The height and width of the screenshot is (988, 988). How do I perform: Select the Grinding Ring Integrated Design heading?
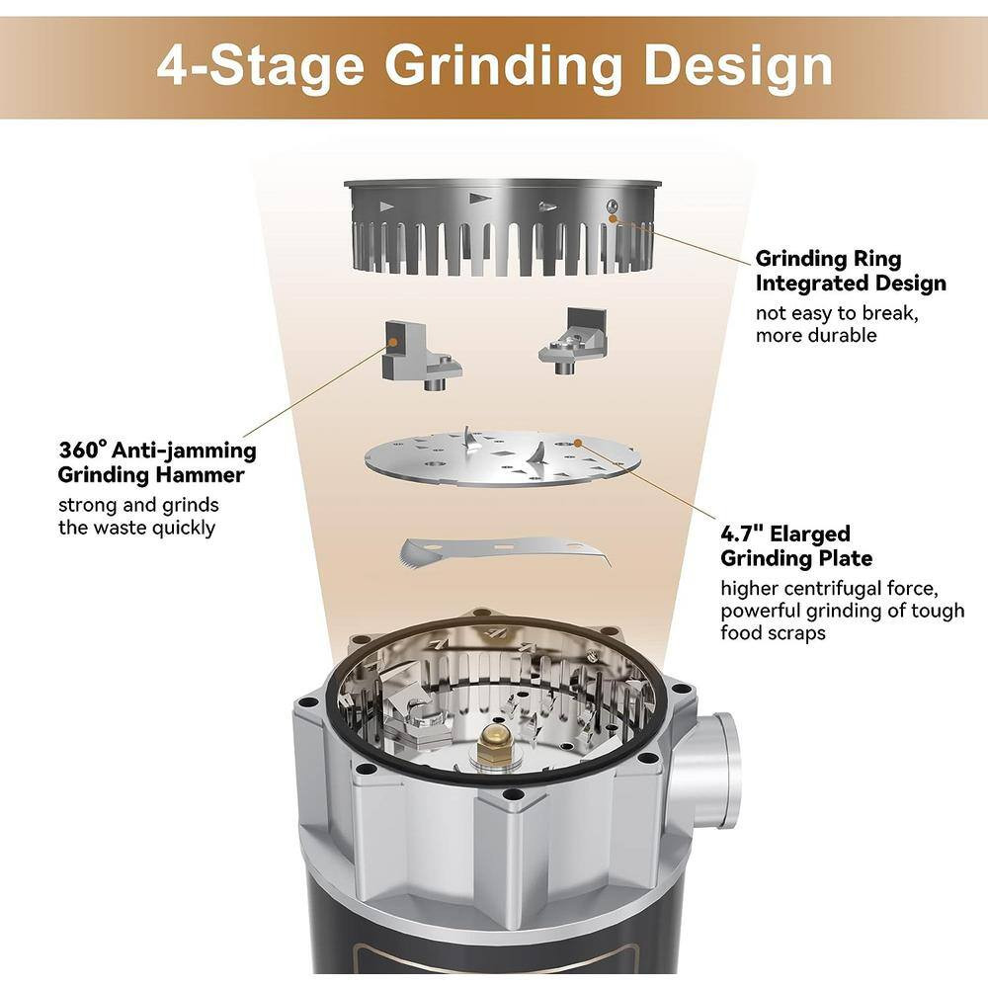point(850,271)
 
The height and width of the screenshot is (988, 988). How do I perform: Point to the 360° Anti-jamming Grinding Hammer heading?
point(157,461)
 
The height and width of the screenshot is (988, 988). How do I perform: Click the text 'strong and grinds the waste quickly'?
point(137,516)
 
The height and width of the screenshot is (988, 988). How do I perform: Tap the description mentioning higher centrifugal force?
point(842,611)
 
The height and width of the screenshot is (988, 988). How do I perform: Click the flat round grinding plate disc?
point(502,457)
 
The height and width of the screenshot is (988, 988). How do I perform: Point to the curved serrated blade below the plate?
point(504,550)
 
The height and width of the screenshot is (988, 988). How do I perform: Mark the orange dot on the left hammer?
point(393,341)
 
